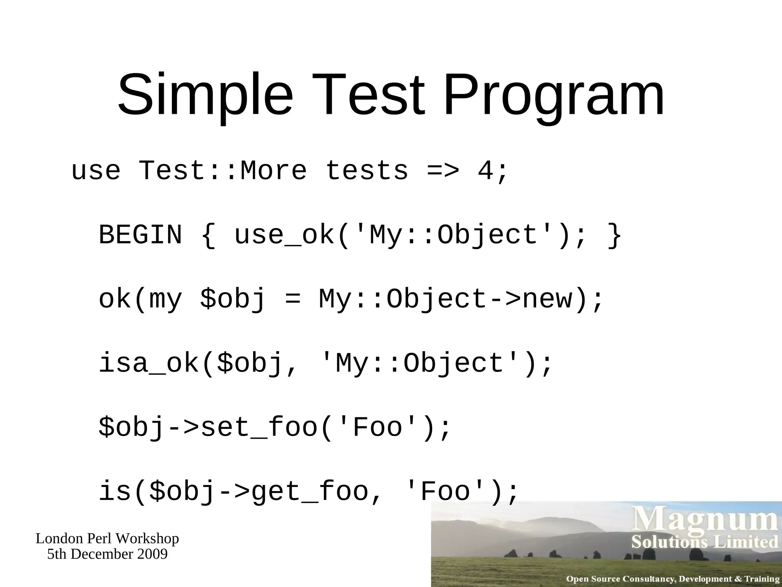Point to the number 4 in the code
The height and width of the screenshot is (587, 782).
486,170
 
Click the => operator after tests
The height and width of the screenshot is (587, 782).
443,170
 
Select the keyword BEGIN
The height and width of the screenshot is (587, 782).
141,235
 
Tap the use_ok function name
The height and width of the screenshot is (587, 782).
284,235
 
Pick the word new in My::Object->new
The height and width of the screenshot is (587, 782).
548,299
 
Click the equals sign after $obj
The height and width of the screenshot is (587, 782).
293,299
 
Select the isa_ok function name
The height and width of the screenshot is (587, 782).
149,363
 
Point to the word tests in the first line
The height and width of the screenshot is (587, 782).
367,170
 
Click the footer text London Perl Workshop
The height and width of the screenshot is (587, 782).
107,538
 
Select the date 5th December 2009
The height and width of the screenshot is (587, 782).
107,554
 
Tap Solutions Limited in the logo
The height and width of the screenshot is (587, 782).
705,542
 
